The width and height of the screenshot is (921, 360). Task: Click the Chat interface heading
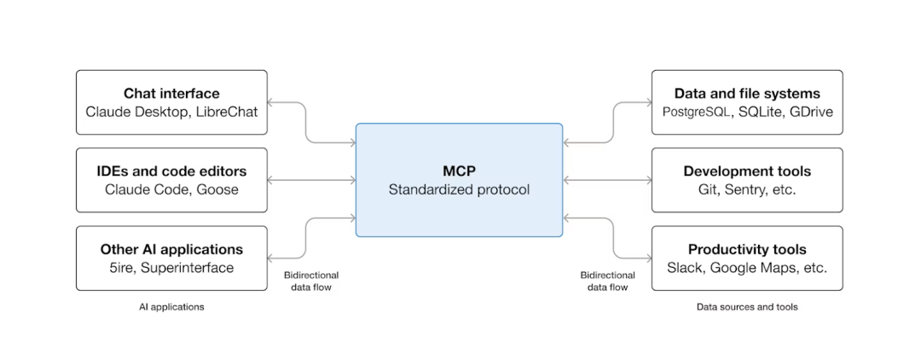coord(171,94)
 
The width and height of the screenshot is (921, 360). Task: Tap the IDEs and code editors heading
coord(171,171)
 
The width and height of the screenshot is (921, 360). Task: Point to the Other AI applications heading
coord(171,249)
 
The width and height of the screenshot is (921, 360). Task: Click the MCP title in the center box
coord(459,171)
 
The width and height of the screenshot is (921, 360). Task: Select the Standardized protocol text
coord(459,189)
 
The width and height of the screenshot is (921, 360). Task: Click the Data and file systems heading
coord(747,94)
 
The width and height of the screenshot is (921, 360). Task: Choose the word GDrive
coord(811,112)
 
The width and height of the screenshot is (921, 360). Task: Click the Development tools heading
coord(747,171)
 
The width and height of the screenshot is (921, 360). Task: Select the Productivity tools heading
coord(747,249)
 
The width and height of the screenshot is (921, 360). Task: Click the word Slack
coord(685,267)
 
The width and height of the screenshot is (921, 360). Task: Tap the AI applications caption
coord(171,307)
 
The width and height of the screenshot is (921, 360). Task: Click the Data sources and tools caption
coord(747,307)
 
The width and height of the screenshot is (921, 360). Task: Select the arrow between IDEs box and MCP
coord(312,180)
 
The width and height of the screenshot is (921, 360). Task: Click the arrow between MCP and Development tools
coord(607,180)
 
